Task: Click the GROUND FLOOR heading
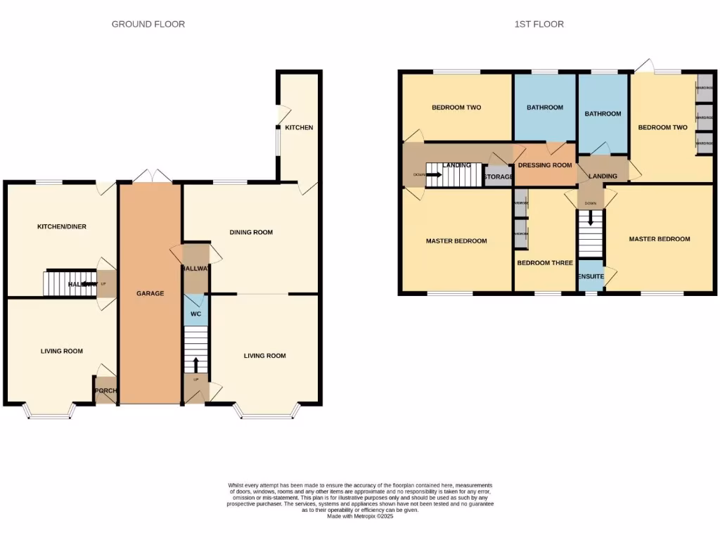148,24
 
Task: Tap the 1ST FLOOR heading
539,24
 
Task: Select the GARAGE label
150,293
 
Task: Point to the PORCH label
105,392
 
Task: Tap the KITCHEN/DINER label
62,226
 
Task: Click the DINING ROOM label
251,232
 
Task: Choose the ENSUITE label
591,276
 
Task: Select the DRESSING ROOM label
545,165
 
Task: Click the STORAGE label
498,176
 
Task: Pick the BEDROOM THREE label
545,263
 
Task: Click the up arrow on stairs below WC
196,364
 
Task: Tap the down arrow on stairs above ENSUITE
591,219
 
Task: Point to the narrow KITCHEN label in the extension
299,127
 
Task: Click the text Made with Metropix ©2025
360,517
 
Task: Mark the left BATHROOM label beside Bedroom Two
545,108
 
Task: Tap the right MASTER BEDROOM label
660,239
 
